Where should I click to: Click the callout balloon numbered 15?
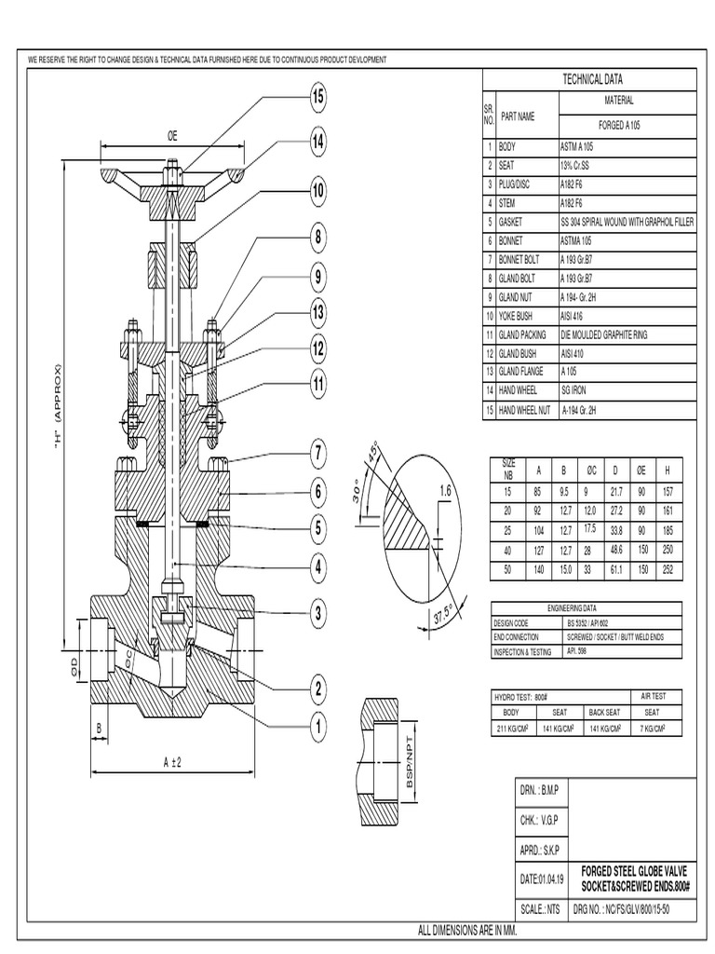[x=317, y=96]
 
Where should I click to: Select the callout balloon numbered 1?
[x=317, y=725]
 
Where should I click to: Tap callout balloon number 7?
[x=317, y=456]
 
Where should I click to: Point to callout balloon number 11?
[x=317, y=382]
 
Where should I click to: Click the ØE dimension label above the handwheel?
[x=172, y=136]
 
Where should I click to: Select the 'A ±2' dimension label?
[x=171, y=761]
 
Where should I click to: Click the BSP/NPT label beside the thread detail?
[x=411, y=764]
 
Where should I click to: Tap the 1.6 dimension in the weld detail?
[x=444, y=491]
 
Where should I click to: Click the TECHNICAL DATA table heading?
[x=590, y=81]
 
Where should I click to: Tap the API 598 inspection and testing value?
[x=577, y=651]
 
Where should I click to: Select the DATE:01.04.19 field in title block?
[x=541, y=879]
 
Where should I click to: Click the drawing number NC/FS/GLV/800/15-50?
[x=636, y=908]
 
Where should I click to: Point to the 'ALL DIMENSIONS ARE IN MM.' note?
[x=455, y=931]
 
